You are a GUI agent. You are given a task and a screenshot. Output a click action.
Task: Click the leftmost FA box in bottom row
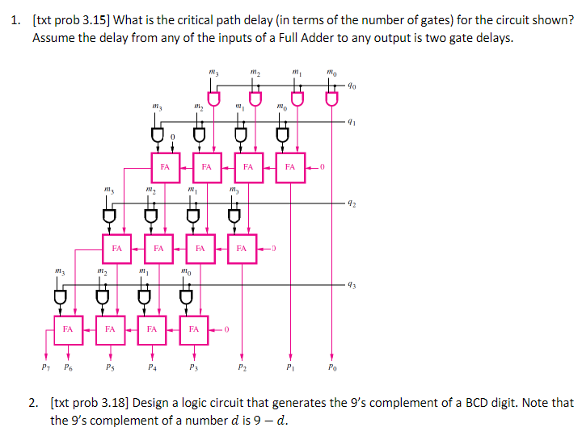tap(68, 329)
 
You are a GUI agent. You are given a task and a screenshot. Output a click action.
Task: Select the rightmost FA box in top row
tap(291, 167)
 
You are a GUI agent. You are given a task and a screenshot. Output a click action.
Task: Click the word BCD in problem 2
tap(487, 402)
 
